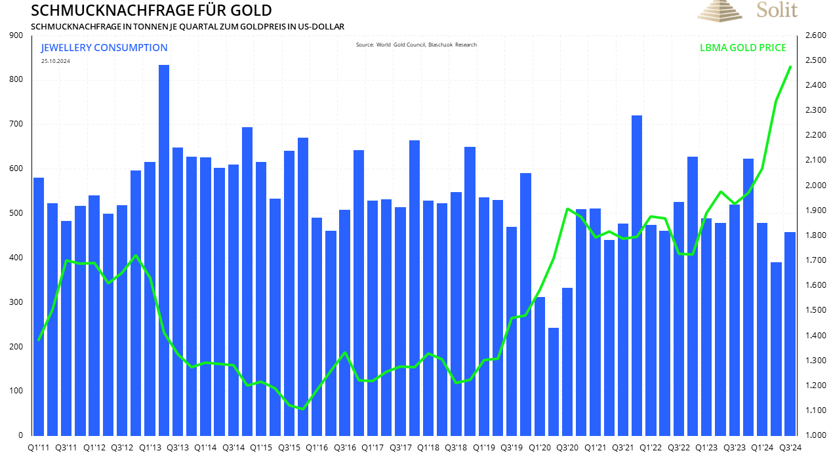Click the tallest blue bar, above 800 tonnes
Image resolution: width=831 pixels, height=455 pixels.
click(164, 249)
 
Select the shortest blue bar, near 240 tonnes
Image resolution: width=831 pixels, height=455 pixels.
click(554, 381)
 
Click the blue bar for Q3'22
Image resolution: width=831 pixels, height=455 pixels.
click(679, 318)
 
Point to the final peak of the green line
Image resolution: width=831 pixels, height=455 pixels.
click(790, 67)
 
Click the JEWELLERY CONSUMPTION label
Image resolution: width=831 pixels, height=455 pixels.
click(104, 48)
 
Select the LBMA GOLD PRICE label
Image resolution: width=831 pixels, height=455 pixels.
click(742, 48)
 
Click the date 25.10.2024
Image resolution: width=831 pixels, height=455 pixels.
click(55, 61)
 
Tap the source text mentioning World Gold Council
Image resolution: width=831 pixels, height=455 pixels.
click(416, 45)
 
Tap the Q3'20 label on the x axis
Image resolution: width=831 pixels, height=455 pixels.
click(567, 447)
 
